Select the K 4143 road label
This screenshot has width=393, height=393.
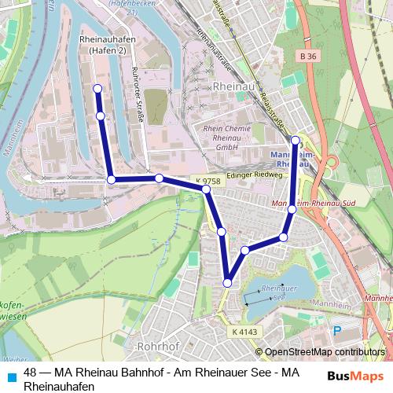point(244,332)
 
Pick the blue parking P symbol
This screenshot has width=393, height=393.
point(338,332)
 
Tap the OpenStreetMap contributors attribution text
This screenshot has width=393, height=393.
point(325,353)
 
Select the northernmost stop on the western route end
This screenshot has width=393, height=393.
point(97,88)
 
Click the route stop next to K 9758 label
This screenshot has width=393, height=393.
point(206,189)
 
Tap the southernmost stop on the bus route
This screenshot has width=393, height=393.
point(227,283)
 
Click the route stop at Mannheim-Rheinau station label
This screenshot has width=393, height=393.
point(296,141)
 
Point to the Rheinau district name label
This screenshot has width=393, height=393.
point(230,83)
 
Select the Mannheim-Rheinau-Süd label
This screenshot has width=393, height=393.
point(309,204)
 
